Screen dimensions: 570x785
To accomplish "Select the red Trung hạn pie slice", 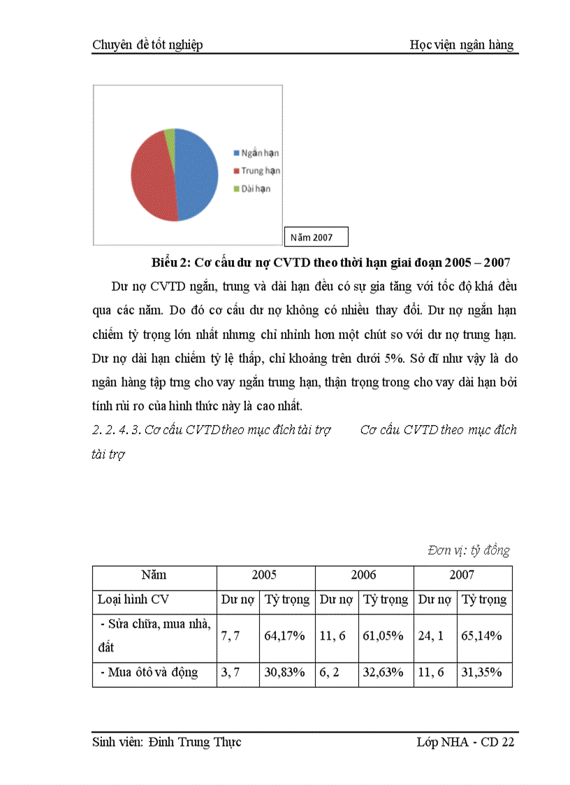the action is pyautogui.click(x=150, y=178).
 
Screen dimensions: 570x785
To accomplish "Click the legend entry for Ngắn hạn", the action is pyautogui.click(x=256, y=153).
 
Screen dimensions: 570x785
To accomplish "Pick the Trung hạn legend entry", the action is pyautogui.click(x=256, y=171).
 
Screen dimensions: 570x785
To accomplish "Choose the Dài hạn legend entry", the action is pyautogui.click(x=252, y=188).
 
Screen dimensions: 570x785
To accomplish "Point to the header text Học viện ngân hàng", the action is pyautogui.click(x=461, y=45).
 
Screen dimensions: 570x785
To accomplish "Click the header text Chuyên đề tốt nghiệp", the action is pyautogui.click(x=147, y=45).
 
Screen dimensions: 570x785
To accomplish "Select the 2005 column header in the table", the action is pyautogui.click(x=265, y=575).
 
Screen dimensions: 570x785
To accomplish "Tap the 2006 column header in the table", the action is pyautogui.click(x=363, y=575).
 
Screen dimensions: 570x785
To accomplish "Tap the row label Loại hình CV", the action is pyautogui.click(x=133, y=600).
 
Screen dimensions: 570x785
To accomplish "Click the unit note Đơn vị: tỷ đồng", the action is pyautogui.click(x=469, y=551).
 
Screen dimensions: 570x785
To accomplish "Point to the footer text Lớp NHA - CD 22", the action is pyautogui.click(x=460, y=742).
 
